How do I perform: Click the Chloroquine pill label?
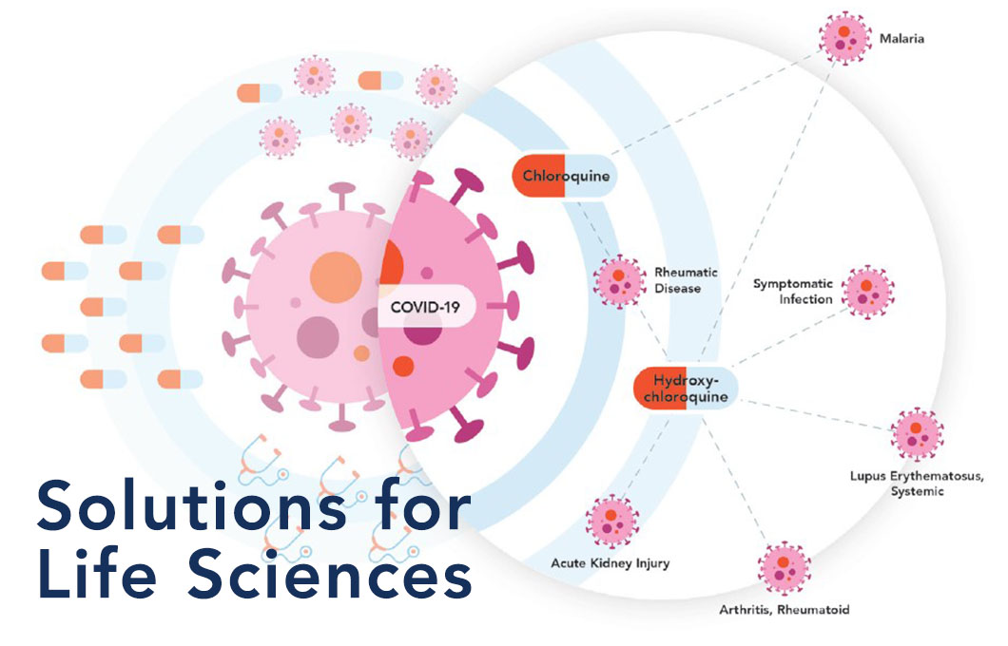pos(565,176)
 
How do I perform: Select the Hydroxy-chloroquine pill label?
pos(686,388)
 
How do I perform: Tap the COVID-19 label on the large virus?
pos(426,306)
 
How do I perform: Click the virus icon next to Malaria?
pos(845,37)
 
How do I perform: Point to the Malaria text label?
pos(901,39)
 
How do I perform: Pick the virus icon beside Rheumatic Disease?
pos(619,280)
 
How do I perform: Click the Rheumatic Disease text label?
pos(686,280)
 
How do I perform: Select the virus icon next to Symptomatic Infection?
pos(867,292)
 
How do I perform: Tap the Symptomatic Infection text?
pos(793,291)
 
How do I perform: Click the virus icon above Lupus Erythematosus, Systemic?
pos(917,434)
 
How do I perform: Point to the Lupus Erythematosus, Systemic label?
pos(917,484)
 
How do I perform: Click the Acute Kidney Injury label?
pos(611,563)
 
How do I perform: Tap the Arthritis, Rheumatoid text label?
pos(784,609)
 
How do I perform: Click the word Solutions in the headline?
pos(191,505)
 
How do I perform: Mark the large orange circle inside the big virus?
pos(336,277)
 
